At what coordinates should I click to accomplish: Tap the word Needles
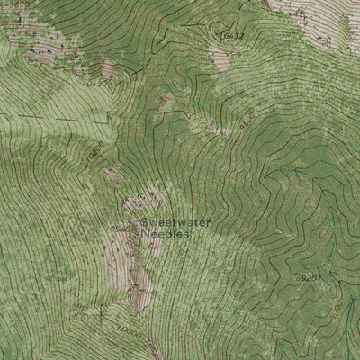pyautogui.click(x=165, y=232)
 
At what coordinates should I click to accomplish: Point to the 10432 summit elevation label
pyautogui.click(x=231, y=35)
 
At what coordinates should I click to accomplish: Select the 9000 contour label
pyautogui.click(x=336, y=314)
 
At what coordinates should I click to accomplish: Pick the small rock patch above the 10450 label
pyautogui.click(x=107, y=67)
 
